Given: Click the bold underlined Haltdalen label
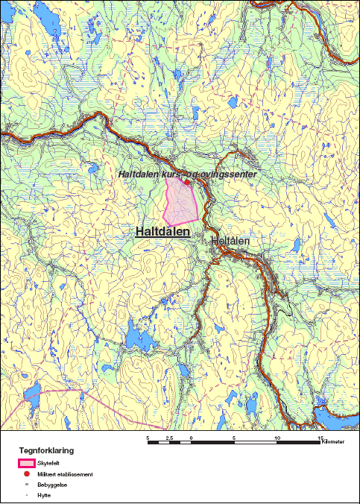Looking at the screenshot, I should click(x=162, y=231).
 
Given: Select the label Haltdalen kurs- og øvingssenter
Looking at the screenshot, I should click(x=188, y=174).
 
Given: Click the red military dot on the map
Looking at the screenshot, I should click(x=187, y=182).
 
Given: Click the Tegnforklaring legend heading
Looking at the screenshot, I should click(x=46, y=450).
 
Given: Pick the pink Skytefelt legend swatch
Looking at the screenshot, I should click(x=27, y=463).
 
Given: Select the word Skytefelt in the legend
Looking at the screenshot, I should click(x=47, y=463).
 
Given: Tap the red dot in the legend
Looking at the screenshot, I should click(x=27, y=474).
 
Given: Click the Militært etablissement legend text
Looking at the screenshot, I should click(x=66, y=474).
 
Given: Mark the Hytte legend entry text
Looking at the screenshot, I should click(x=43, y=494).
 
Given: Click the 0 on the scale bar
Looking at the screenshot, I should click(x=192, y=438).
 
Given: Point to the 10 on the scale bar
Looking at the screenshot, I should click(x=277, y=438).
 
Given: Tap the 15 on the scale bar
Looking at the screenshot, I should click(x=320, y=438).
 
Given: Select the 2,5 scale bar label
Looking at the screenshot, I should click(x=169, y=438).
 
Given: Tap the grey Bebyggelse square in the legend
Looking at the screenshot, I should click(x=27, y=485).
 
